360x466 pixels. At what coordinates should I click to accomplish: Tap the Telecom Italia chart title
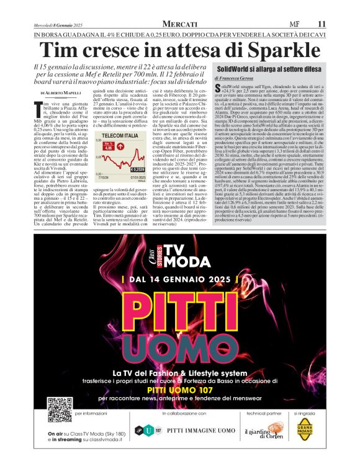pyautogui.click(x=120, y=152)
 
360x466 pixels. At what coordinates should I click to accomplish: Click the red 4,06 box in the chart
pyautogui.click(x=108, y=165)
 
